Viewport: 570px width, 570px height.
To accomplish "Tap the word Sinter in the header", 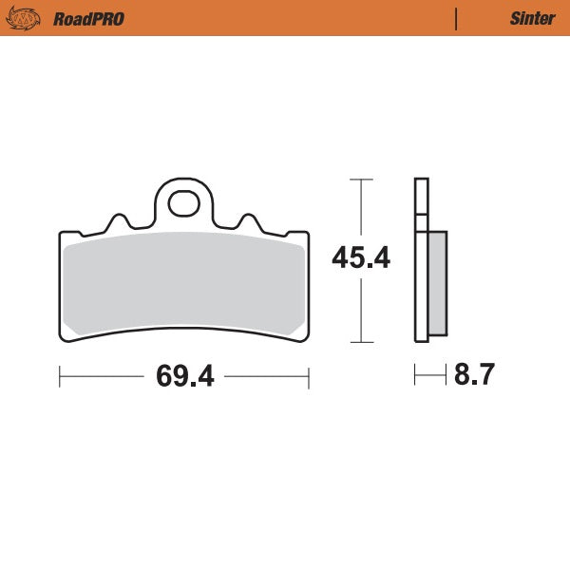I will pyautogui.click(x=533, y=18).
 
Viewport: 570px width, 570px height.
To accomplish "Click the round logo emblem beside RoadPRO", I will pyautogui.click(x=23, y=18).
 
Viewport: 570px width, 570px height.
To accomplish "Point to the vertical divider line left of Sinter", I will pyautogui.click(x=457, y=18).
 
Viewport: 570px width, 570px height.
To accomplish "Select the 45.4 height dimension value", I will pyautogui.click(x=360, y=257).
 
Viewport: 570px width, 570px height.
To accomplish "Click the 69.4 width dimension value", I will pyautogui.click(x=184, y=376).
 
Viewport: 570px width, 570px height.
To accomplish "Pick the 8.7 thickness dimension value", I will pyautogui.click(x=475, y=376).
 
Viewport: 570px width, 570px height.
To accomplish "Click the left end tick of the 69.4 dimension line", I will pyautogui.click(x=60, y=377).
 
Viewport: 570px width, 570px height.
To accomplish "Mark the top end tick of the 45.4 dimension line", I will pyautogui.click(x=359, y=179).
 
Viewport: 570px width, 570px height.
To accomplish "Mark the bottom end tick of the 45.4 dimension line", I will pyautogui.click(x=359, y=341).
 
